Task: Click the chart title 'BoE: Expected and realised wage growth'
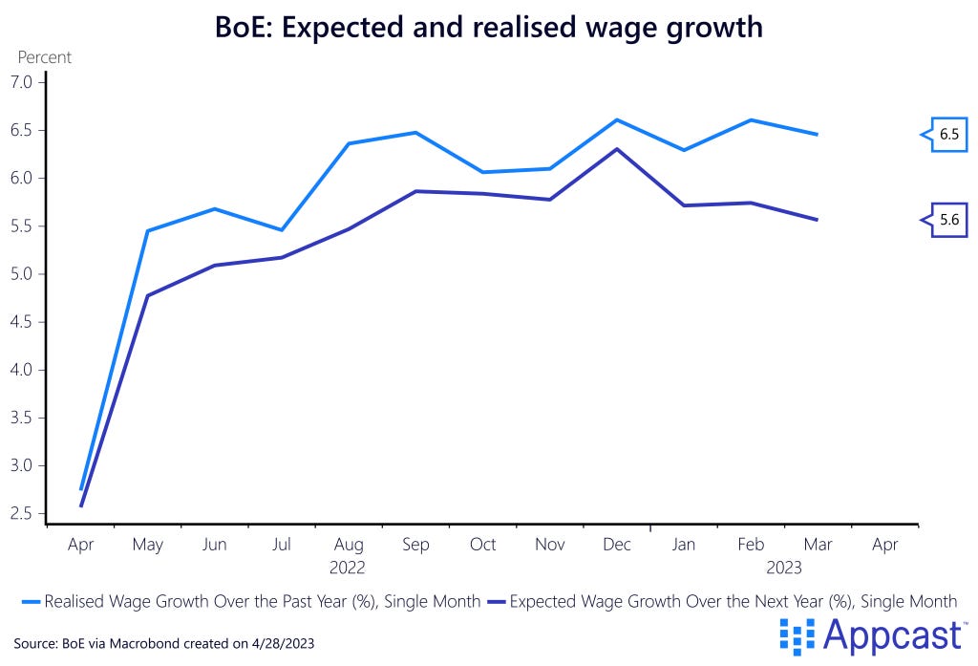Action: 488,26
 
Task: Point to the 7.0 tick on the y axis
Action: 21,82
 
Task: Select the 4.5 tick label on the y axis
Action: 21,322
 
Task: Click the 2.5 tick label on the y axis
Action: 21,513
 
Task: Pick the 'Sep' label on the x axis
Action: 415,545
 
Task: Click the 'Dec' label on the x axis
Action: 617,545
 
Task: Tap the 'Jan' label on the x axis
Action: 684,545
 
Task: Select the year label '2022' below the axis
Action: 348,568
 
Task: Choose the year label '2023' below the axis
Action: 784,568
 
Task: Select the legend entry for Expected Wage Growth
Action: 722,601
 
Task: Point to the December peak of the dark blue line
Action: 617,149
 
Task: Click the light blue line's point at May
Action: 147,230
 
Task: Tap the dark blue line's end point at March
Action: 818,220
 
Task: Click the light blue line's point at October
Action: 483,172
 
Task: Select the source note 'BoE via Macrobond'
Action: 163,644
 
